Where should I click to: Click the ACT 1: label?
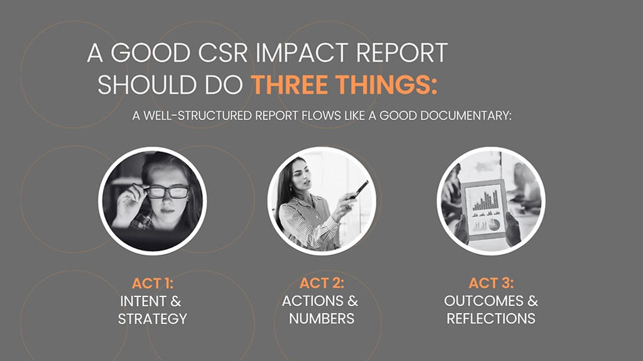coord(152,283)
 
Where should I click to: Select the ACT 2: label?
coord(321,283)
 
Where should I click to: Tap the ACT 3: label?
coord(491,283)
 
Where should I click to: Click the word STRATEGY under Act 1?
coord(152,319)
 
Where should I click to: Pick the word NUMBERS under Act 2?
coord(321,319)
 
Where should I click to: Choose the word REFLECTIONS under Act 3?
coord(491,319)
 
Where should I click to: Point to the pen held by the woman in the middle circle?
coord(361,187)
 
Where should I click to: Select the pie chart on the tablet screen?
coord(494,224)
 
